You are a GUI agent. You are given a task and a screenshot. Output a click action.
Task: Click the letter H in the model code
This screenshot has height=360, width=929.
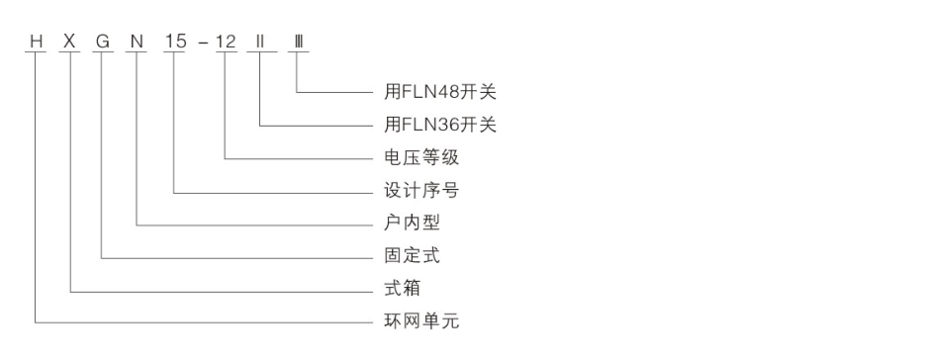(x=38, y=45)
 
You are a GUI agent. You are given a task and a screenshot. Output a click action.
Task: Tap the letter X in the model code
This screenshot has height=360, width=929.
(x=70, y=45)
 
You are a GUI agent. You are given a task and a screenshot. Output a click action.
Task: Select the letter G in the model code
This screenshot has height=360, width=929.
(x=103, y=45)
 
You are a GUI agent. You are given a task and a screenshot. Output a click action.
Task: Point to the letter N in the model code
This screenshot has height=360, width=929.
(x=137, y=45)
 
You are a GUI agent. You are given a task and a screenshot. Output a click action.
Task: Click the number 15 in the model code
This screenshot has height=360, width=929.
(x=175, y=45)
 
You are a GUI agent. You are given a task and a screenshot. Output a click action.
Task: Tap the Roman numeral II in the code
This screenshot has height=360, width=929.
(x=262, y=45)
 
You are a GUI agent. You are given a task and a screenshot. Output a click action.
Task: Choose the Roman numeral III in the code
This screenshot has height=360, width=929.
(x=298, y=45)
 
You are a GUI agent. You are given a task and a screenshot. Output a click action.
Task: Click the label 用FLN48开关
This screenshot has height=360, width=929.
(x=438, y=93)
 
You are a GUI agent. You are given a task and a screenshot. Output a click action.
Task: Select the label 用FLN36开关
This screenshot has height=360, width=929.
(x=438, y=126)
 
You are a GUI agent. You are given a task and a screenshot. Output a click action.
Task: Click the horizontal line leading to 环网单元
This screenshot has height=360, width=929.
(x=198, y=322)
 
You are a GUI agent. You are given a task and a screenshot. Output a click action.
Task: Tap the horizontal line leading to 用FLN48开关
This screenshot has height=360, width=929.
(x=336, y=94)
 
